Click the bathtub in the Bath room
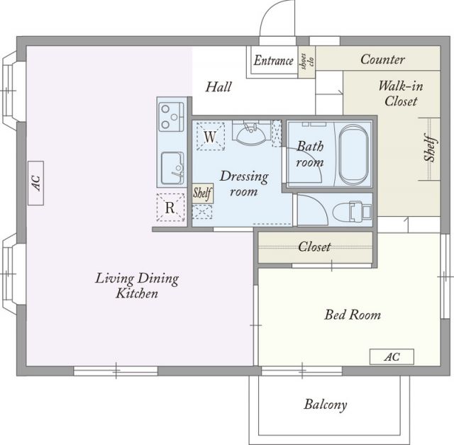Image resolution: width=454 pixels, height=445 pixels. pos(353,155)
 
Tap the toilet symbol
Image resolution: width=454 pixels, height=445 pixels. pos(352,212)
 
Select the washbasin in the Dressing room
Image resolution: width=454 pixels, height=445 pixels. pos(252,133)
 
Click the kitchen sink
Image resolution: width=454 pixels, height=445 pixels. pos(172,168)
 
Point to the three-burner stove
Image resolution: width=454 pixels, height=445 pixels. pos(171,117)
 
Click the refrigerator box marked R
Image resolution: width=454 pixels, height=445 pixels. pos(170,208)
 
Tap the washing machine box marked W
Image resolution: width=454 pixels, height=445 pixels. pos(211,136)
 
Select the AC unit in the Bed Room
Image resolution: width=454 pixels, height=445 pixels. pos(392,357)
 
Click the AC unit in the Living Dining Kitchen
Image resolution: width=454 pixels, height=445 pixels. pos(36,183)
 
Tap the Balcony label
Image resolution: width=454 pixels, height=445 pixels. pos(326,405)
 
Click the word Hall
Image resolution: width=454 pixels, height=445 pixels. pos(218,86)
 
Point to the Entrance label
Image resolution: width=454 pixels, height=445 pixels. pos(274,61)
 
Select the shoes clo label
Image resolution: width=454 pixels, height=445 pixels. pos(307,62)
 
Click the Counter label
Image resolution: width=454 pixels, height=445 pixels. pos(382,60)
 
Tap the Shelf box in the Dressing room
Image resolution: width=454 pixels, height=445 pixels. pos(203,193)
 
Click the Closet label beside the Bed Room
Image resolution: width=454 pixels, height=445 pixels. pos(314,247)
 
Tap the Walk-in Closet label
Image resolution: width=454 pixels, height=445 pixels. pos(401,94)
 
